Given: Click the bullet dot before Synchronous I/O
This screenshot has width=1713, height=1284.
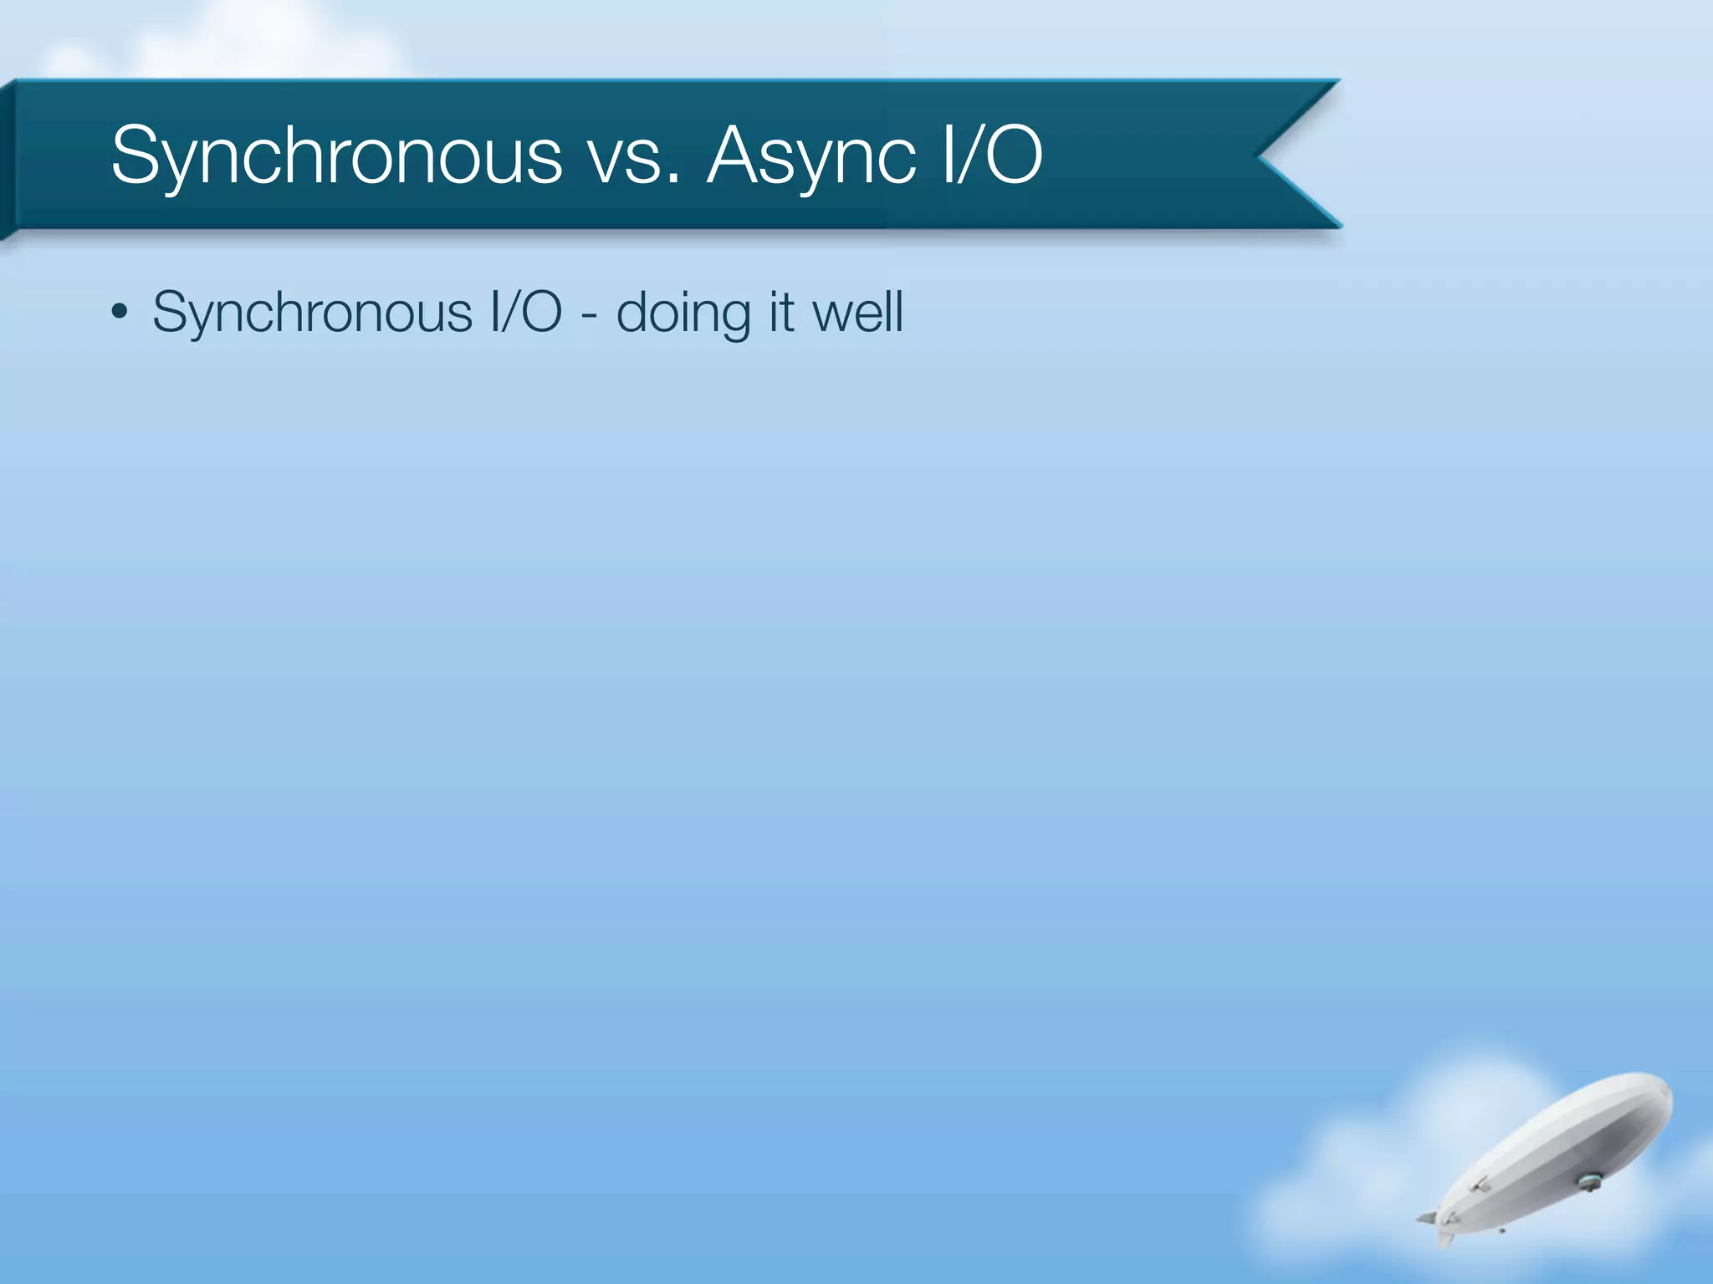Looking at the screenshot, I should point(120,313).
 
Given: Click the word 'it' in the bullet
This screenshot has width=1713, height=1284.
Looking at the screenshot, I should point(781,312).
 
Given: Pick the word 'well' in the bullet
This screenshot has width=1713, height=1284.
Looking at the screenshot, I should point(858,312).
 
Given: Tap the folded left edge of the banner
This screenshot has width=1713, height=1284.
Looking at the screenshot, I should point(8,159).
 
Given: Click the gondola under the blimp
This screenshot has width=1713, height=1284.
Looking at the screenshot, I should point(1588,1181).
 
